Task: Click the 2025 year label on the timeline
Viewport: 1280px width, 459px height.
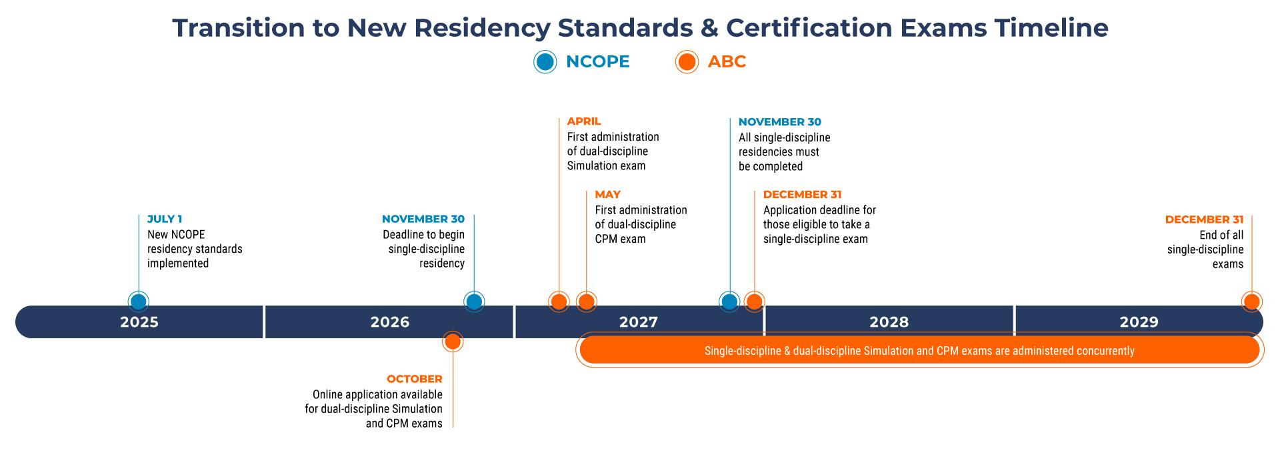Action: coord(139,322)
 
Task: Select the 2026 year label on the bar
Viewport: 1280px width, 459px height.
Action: coord(390,322)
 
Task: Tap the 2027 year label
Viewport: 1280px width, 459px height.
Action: coord(639,322)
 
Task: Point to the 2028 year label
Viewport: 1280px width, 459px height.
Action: coord(889,322)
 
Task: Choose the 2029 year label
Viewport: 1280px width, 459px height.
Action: coord(1139,322)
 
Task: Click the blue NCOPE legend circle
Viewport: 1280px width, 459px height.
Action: coord(545,62)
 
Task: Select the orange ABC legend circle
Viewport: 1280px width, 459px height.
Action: coord(686,62)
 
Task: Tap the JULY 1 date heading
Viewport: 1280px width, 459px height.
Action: coord(165,219)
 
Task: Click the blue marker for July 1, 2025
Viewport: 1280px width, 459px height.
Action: coord(139,302)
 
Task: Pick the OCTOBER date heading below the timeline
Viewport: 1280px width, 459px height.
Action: coord(414,379)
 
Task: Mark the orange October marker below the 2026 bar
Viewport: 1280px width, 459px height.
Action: coord(453,342)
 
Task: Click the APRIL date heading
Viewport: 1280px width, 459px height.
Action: coord(584,121)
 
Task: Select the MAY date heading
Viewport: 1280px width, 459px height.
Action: coord(607,194)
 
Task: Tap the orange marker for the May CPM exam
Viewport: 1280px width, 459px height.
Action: coord(586,302)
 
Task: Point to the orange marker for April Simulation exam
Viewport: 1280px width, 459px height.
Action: coord(559,302)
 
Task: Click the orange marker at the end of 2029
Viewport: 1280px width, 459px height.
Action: coord(1251,302)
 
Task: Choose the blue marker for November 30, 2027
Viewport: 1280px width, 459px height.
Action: coord(729,302)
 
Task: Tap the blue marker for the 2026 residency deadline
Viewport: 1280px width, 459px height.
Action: coord(474,302)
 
